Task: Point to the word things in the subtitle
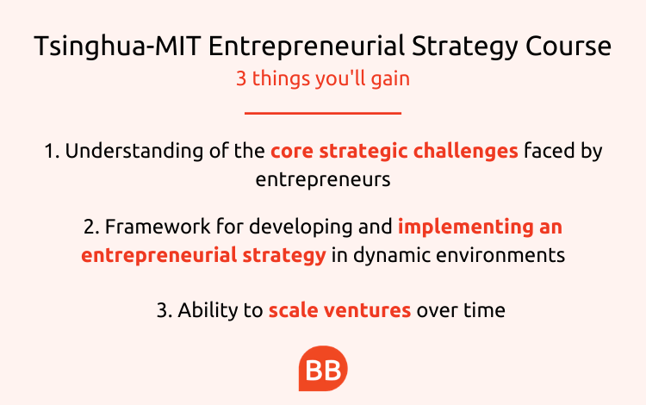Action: [281, 79]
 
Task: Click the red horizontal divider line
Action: [323, 113]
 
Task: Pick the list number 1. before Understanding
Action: [52, 151]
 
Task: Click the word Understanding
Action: [134, 152]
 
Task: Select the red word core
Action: [292, 151]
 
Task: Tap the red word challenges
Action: [465, 152]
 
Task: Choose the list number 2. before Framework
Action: [91, 227]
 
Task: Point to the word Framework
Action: [158, 227]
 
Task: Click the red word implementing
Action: [465, 227]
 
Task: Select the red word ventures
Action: [367, 311]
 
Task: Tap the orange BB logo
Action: [323, 368]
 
